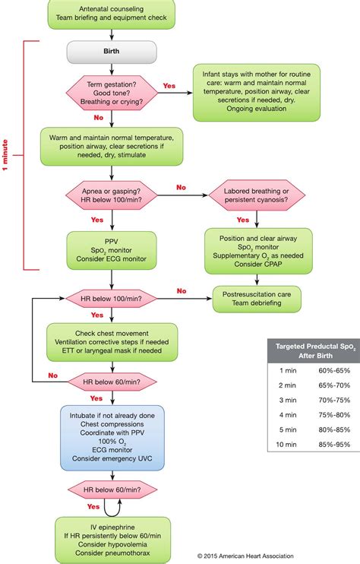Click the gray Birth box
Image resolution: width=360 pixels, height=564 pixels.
112,52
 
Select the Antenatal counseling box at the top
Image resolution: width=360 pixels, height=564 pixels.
112,11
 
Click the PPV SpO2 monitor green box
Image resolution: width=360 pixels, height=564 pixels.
112,251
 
